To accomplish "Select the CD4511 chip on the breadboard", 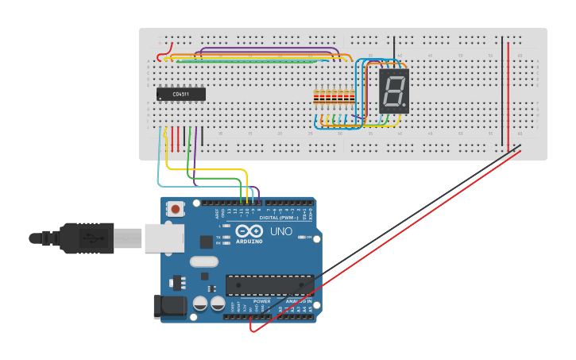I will (x=180, y=94).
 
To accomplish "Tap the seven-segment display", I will (x=393, y=91).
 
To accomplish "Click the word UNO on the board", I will (x=282, y=232).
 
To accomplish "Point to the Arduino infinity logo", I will (x=250, y=232).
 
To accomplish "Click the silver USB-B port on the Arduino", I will (x=164, y=237).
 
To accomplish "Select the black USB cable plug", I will (x=87, y=238).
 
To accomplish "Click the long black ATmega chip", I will (x=269, y=285).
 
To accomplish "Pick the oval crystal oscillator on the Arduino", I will (x=203, y=261).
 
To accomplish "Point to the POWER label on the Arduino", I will (x=261, y=301).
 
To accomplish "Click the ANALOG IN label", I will (x=298, y=301).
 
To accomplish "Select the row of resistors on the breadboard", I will (x=334, y=99).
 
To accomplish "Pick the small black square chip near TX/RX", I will (x=206, y=241).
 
